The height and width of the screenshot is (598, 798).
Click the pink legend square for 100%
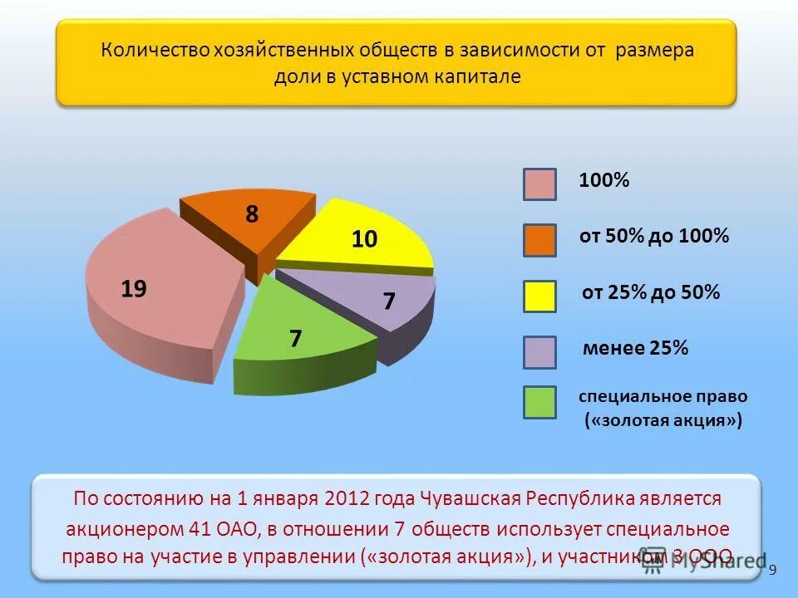(539, 184)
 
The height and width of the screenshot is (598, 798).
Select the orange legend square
(539, 240)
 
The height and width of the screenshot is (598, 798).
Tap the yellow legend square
(539, 296)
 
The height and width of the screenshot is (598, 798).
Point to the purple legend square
(539, 351)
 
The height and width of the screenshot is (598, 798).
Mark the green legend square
(539, 402)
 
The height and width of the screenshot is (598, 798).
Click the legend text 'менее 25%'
(636, 349)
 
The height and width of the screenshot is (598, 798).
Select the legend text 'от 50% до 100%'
(654, 237)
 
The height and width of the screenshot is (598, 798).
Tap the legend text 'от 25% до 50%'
(650, 292)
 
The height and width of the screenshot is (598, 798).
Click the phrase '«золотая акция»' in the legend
(663, 421)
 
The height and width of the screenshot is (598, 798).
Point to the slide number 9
(773, 569)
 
